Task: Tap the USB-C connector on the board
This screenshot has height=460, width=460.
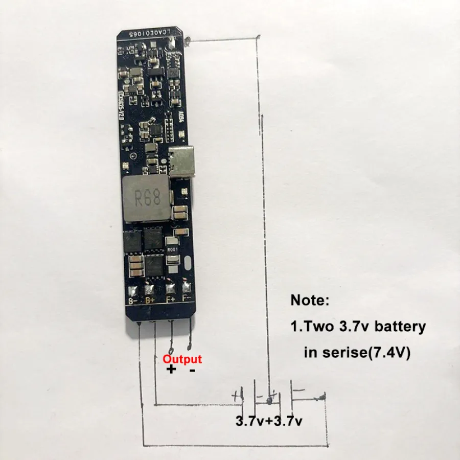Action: point(183,162)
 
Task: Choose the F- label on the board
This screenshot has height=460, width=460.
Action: point(187,298)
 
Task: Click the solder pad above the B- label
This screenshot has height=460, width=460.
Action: point(132,290)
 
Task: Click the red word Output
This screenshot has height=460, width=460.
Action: point(182,359)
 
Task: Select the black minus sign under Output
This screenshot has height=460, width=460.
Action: point(192,371)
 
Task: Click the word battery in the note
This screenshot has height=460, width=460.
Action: point(400,327)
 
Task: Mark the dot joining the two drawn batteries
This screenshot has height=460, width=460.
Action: point(269,401)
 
